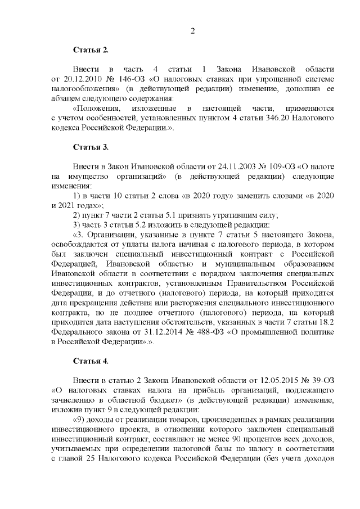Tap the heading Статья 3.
[x=91, y=147]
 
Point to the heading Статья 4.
[x=91, y=360]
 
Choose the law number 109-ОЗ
[x=275, y=166]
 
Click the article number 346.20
[x=230, y=119]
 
